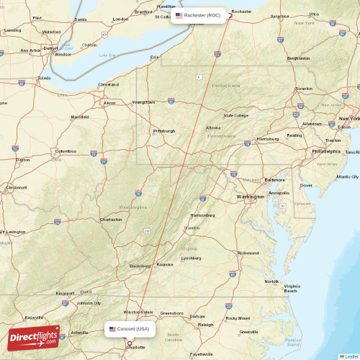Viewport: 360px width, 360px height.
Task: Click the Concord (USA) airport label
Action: click(130, 329)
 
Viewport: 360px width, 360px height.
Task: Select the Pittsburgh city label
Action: click(163, 131)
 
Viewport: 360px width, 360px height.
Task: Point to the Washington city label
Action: click(250, 197)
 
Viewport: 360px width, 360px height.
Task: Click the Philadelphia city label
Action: click(326, 152)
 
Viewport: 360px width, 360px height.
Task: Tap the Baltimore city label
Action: click(274, 180)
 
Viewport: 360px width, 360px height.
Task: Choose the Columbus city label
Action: click(66, 152)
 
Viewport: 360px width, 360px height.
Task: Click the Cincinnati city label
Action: click(16, 188)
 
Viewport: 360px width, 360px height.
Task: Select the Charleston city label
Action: click(111, 220)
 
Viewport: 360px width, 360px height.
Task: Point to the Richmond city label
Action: click(248, 253)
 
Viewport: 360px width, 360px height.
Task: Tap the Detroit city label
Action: click(50, 48)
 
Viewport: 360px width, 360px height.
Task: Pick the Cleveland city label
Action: click(109, 84)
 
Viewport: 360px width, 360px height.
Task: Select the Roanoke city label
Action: click(165, 264)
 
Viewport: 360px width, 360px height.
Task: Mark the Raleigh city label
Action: click(205, 325)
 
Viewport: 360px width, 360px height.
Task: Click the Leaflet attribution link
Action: click(351, 356)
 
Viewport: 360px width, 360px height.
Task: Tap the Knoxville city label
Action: click(34, 318)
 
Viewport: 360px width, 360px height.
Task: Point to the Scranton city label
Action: click(304, 89)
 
